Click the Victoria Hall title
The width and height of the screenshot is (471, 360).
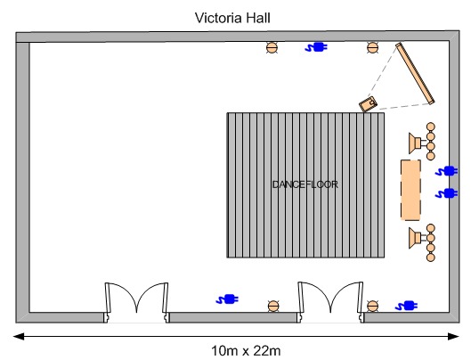(232, 18)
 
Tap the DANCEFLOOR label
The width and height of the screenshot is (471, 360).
(305, 184)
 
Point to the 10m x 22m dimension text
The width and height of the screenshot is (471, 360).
(246, 351)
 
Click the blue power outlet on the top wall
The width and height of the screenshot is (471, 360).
(316, 47)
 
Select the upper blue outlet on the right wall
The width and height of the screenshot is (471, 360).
(447, 171)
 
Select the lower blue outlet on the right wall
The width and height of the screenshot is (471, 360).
(447, 193)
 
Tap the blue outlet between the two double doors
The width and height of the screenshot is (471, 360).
(227, 299)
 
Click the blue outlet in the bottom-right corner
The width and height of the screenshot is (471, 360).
(406, 306)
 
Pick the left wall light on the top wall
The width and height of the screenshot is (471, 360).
(272, 47)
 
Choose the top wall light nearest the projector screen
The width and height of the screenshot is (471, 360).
(372, 47)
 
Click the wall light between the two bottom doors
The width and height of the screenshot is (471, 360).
(273, 307)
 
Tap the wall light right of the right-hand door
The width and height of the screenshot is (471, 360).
(372, 307)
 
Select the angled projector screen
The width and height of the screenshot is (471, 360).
(415, 74)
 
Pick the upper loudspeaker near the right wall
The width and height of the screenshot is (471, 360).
(415, 143)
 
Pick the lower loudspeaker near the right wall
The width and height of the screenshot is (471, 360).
(415, 238)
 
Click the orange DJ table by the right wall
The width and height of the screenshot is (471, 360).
(410, 190)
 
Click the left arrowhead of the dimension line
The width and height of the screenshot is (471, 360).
(19, 336)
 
